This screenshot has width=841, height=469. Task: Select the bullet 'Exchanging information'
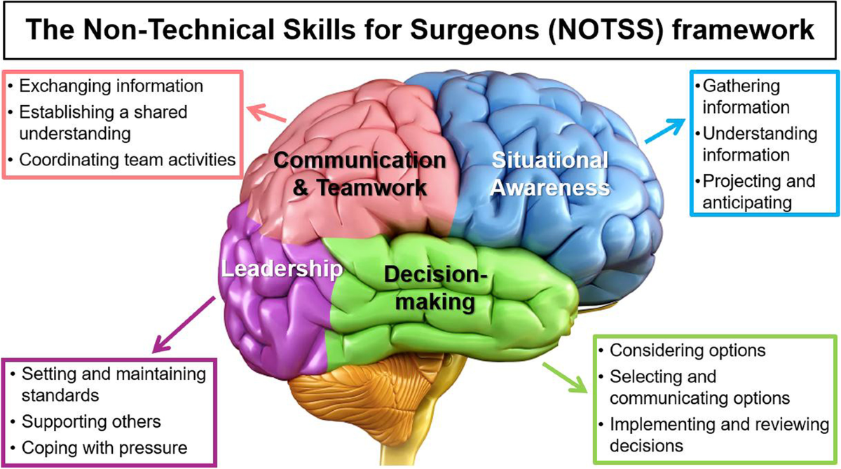click(x=111, y=86)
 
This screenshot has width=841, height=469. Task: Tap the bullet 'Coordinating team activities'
click(x=126, y=159)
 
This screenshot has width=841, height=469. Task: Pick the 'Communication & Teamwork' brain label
click(x=360, y=174)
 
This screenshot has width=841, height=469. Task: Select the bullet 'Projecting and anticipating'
click(x=759, y=191)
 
